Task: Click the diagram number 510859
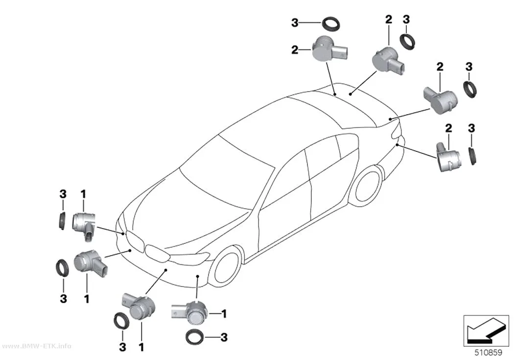point(489,352)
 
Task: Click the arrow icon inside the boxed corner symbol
point(486,330)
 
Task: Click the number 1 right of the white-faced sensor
point(224,314)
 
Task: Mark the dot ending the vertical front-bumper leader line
point(197,276)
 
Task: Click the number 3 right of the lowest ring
point(224,337)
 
